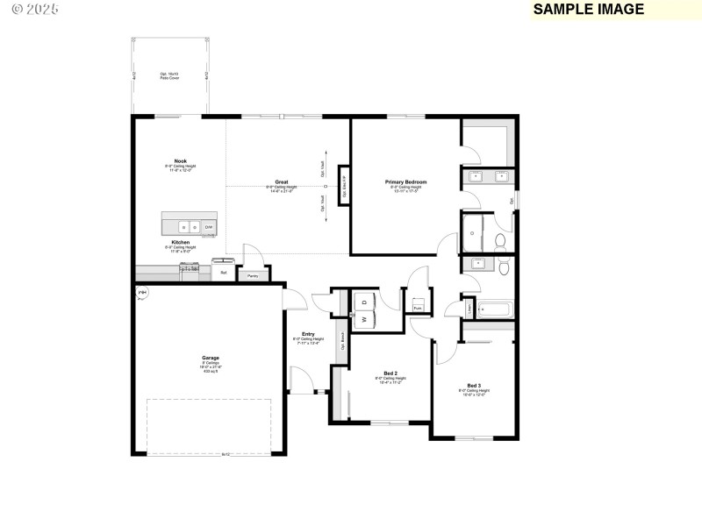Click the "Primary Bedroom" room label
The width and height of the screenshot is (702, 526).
[405, 182]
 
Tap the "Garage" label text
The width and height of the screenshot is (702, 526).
[211, 358]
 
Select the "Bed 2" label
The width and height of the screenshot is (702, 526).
[389, 373]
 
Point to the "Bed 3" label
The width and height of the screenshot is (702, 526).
[473, 386]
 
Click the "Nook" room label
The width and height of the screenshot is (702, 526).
[181, 160]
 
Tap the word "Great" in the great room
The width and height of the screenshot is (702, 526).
[282, 182]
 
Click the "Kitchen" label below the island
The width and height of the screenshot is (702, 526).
[181, 242]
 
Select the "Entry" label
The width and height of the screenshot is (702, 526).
[308, 334]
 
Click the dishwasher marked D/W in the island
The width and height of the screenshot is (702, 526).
[209, 227]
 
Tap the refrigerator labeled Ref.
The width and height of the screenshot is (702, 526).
[224, 273]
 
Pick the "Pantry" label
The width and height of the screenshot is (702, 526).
[252, 275]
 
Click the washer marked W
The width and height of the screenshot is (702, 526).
[363, 319]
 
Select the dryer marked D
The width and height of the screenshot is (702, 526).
[363, 302]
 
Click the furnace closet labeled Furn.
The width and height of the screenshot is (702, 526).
[418, 308]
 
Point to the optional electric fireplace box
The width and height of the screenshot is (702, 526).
[344, 185]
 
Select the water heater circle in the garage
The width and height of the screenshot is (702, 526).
[142, 293]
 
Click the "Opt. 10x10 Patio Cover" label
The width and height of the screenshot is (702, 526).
[169, 75]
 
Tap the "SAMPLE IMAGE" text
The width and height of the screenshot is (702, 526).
[588, 10]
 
